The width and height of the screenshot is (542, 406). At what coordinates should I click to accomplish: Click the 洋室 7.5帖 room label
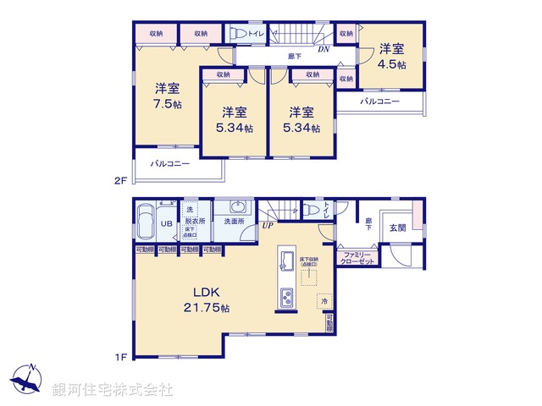pos(167,96)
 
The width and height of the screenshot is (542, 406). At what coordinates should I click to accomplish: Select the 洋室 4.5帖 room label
pos(391,56)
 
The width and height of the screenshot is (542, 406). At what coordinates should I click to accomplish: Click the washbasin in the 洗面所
pos(236,208)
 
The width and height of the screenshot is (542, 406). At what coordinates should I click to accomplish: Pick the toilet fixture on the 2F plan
pos(239,33)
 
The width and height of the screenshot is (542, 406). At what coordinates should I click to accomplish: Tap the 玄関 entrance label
pos(398,228)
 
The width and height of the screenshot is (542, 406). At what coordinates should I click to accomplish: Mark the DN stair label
pos(324,49)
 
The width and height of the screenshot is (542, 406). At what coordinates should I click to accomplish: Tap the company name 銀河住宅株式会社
pos(113,389)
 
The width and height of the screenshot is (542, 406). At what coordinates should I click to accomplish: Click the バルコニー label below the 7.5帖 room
pos(170,163)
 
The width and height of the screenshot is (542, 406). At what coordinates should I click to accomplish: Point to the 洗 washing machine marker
pos(190,208)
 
